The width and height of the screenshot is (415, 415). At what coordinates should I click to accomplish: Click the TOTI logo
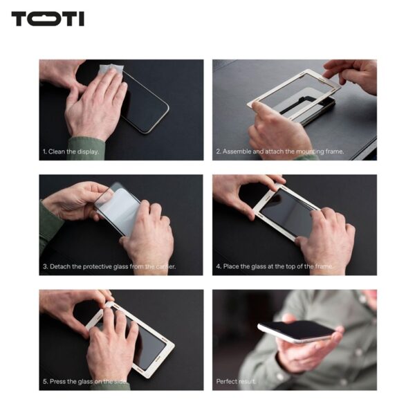48,19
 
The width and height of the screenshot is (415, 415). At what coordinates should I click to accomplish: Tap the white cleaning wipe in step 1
111,71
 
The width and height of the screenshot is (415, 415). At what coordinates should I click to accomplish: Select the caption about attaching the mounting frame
280,151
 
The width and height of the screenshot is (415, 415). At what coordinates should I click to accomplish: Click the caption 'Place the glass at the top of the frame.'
274,266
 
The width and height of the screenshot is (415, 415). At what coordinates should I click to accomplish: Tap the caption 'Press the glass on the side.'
84,382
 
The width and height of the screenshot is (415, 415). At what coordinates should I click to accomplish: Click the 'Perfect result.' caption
236,382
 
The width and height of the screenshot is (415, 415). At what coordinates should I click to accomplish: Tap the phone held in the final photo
297,331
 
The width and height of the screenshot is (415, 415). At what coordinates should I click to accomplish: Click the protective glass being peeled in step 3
118,209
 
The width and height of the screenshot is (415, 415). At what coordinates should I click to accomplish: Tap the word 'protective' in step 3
97,266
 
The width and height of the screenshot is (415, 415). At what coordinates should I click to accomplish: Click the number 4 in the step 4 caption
218,266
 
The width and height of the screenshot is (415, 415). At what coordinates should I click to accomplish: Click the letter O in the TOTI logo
48,19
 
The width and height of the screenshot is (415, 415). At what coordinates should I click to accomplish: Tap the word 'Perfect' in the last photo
227,382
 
